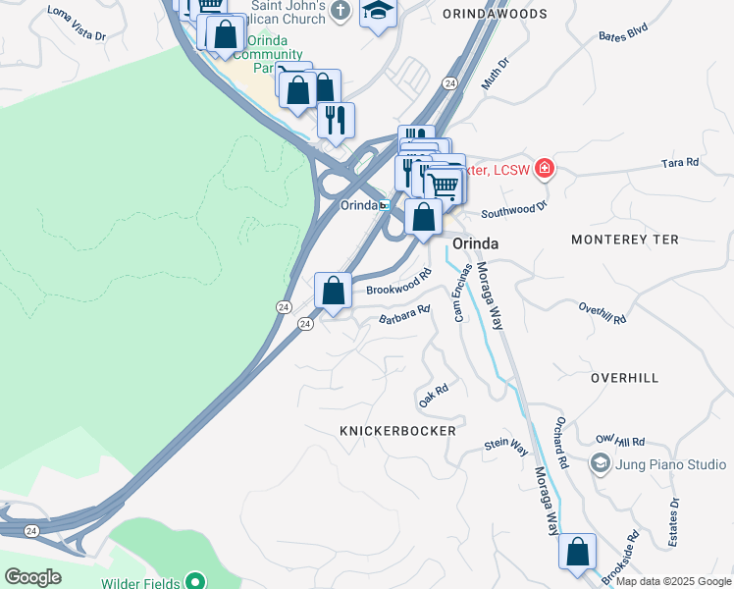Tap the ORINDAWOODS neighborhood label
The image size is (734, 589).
[x=495, y=14]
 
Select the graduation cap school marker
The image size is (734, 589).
[x=377, y=12]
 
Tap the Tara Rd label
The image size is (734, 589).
[x=679, y=162]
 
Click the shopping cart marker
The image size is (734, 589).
[x=446, y=184]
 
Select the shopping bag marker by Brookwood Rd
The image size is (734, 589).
[x=333, y=291]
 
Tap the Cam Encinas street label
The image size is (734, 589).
[x=462, y=292]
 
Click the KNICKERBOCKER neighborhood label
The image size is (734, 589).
[x=397, y=431]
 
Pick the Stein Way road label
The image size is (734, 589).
[x=506, y=446]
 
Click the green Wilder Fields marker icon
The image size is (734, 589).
[x=195, y=579]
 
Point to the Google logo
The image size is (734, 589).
[x=32, y=577]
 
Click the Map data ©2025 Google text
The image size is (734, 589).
[x=672, y=581]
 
